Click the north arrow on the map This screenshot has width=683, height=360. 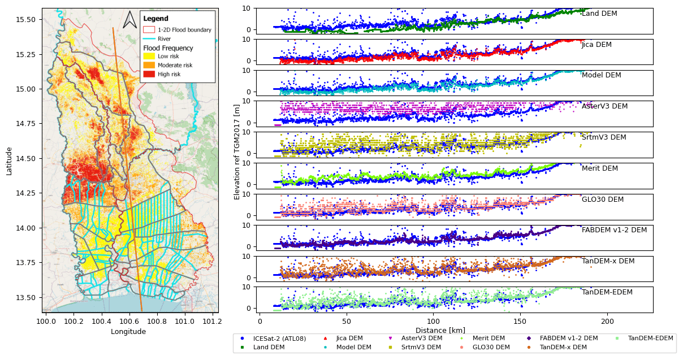129,20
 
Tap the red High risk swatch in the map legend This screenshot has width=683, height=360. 149,74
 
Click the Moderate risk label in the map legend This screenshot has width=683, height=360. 175,66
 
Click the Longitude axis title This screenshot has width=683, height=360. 128,332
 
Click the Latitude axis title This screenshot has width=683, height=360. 9,161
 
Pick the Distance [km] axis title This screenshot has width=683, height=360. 440,331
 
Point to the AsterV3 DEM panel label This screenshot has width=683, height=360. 604,106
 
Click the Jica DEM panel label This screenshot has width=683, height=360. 596,45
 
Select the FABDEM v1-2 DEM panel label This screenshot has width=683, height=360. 614,230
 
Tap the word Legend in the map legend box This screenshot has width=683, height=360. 155,19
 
